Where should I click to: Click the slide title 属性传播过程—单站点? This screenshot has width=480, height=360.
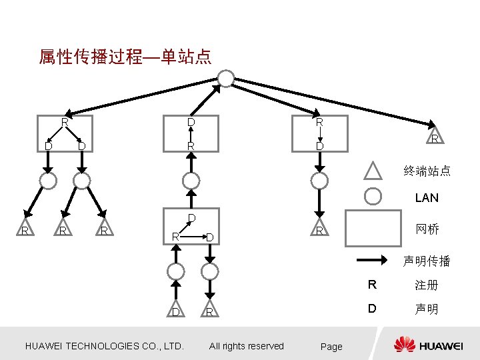click(125, 57)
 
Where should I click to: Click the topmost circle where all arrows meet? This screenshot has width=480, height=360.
click(227, 79)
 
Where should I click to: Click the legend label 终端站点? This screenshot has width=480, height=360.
click(427, 171)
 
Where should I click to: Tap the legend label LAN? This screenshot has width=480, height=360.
click(427, 198)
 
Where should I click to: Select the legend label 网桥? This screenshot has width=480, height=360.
click(427, 229)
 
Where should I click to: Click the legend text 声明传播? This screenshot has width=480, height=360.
click(427, 261)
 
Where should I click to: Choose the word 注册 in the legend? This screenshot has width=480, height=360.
click(426, 285)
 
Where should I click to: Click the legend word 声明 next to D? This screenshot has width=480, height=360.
click(426, 309)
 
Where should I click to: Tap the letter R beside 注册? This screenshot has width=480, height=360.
click(373, 285)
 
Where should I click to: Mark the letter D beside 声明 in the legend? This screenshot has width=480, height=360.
click(373, 309)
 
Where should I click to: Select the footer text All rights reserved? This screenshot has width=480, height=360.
click(246, 346)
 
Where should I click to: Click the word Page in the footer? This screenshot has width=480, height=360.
click(331, 347)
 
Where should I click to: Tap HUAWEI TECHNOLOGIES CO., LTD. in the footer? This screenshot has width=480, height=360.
click(104, 346)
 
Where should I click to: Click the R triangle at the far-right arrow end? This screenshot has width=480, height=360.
click(434, 137)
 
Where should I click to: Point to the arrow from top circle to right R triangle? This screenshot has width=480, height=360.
click(333, 103)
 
